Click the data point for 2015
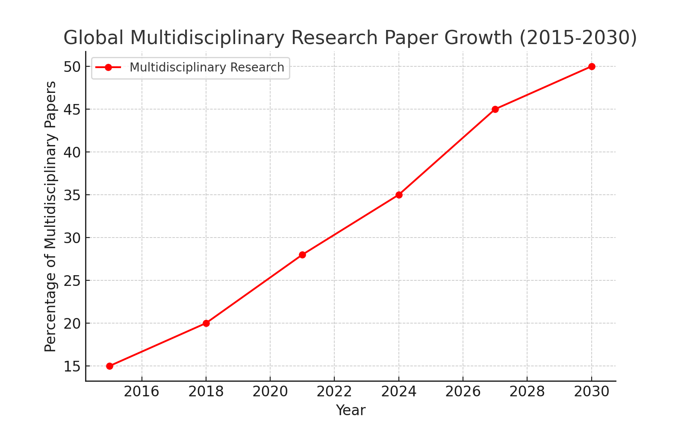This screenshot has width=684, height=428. pyautogui.click(x=109, y=366)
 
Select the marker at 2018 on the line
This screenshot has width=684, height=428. pyautogui.click(x=206, y=323)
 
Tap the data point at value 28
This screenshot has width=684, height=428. pyautogui.click(x=302, y=255)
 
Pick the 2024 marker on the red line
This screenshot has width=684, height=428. pyautogui.click(x=399, y=195)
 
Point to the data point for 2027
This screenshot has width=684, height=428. pyautogui.click(x=495, y=109)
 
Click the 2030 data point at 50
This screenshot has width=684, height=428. pyautogui.click(x=592, y=66)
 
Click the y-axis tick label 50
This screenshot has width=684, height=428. pyautogui.click(x=72, y=67)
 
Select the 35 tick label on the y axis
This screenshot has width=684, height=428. pyautogui.click(x=72, y=195)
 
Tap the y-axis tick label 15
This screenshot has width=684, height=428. pyautogui.click(x=72, y=366)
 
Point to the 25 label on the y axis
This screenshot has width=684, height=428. pyautogui.click(x=72, y=281)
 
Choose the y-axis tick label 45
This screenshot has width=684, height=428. pyautogui.click(x=72, y=110)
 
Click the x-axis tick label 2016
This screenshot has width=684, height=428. pyautogui.click(x=142, y=392)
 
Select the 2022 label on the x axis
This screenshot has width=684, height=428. pyautogui.click(x=334, y=392)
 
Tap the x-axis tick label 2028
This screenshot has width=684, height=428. pyautogui.click(x=527, y=392)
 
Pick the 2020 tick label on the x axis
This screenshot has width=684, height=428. pyautogui.click(x=270, y=392)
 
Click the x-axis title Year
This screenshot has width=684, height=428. pyautogui.click(x=351, y=410)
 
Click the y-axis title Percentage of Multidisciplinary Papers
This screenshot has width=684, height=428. pyautogui.click(x=50, y=217)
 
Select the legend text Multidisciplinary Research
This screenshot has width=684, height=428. pyautogui.click(x=207, y=67)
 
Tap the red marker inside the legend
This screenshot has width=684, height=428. pyautogui.click(x=108, y=67)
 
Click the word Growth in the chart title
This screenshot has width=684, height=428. pyautogui.click(x=478, y=38)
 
